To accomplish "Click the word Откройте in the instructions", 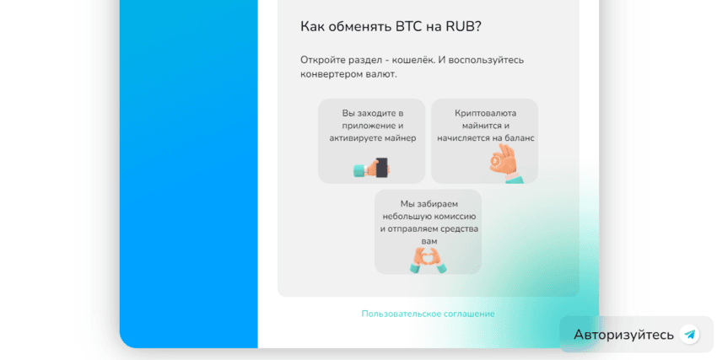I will click(x=322, y=60).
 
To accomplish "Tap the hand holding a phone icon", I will click(x=371, y=168).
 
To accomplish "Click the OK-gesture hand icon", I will click(x=505, y=163).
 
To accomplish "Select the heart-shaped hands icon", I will click(x=429, y=259).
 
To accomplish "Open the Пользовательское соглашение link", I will click(x=428, y=314).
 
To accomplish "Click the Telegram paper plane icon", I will click(x=690, y=335).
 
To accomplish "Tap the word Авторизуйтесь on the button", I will click(x=623, y=335).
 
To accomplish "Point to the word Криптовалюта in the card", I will click(x=485, y=113).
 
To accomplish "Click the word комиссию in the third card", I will click(x=456, y=216).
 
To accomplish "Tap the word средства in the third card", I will click(x=457, y=228).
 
